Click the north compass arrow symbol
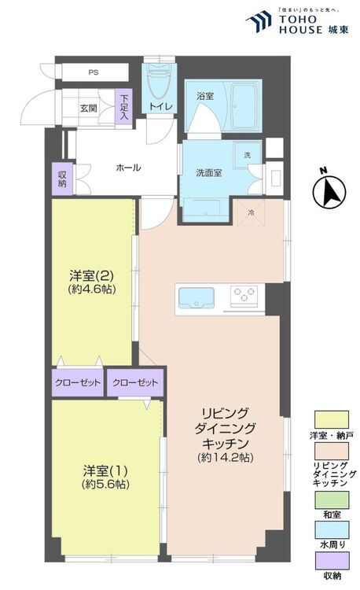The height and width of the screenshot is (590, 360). point(329,192)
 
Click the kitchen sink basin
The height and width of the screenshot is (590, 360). point(197,298)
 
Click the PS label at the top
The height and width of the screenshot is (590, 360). point(94,72)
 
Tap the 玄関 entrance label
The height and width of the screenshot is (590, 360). point(89,109)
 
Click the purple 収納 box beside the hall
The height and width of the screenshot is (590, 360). point(62,179)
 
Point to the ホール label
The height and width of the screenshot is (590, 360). point(129,168)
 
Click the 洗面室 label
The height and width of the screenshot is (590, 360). point(209,173)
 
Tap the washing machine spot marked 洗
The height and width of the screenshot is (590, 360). point(248,154)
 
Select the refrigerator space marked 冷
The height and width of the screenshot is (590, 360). point(251,212)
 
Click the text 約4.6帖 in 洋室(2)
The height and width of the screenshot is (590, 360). point(92,289)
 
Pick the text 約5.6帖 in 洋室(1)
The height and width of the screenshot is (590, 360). point(105,485)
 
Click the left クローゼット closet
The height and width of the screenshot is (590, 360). point(78,382)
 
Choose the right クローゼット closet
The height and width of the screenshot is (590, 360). point(135,382)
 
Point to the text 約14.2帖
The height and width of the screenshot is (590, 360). point(226,457)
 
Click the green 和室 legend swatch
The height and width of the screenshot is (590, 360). point(332,500)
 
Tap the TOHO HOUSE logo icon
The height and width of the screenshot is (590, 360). point(259,21)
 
